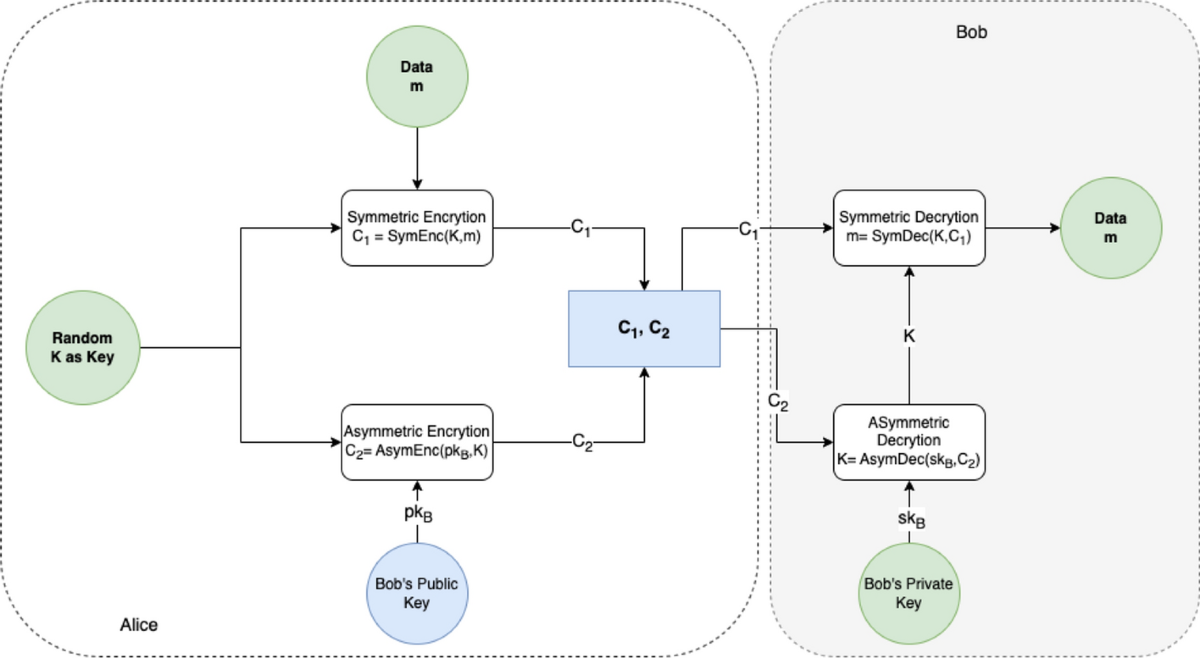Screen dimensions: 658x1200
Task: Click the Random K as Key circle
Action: (83, 348)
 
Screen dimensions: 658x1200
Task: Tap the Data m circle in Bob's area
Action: (1109, 228)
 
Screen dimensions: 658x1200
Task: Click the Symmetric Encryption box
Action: (416, 227)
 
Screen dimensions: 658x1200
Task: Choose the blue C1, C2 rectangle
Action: (644, 329)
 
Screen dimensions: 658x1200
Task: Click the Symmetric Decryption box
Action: (908, 227)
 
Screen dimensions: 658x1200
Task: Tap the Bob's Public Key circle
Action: (416, 592)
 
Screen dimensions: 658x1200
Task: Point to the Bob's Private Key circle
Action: (908, 592)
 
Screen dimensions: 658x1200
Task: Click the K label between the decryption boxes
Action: (908, 337)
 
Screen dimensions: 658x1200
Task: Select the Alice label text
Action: (139, 625)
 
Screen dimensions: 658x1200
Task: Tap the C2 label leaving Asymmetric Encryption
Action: (582, 441)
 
